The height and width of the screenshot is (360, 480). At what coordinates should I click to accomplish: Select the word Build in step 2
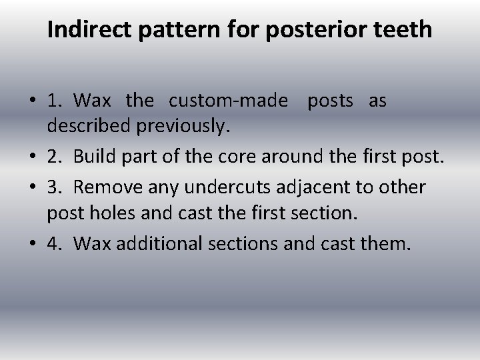coord(92,157)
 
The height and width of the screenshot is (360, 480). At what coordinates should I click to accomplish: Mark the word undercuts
coord(215,187)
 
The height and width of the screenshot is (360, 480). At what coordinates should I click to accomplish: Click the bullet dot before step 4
coord(32,244)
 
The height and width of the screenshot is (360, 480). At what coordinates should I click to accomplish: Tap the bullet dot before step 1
coord(32,101)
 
